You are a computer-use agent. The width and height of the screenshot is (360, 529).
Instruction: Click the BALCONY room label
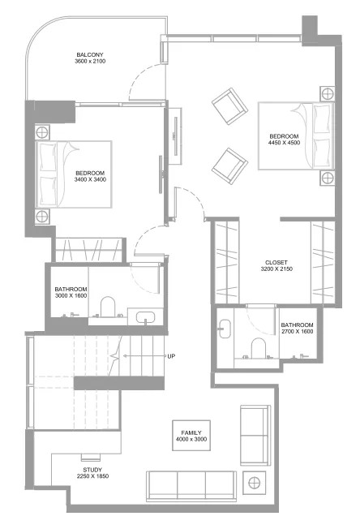(89, 54)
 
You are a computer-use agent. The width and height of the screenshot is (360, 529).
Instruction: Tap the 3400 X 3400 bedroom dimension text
(90, 180)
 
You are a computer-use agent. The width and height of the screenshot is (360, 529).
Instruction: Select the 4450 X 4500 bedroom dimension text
(285, 143)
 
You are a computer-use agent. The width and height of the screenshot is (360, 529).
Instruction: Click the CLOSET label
(276, 262)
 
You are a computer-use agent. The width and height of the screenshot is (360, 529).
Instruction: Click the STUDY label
(92, 471)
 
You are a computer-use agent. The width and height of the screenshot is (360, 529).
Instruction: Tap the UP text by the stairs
(170, 356)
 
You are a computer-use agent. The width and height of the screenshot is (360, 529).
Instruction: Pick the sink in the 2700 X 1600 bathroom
(225, 329)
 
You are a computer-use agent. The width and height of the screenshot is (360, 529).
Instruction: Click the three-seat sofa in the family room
(191, 484)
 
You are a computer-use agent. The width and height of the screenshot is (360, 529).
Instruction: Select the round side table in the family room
(255, 484)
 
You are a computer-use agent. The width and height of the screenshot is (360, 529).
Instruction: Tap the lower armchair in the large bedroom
(229, 163)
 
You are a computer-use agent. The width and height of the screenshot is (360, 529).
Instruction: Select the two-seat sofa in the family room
(254, 436)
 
